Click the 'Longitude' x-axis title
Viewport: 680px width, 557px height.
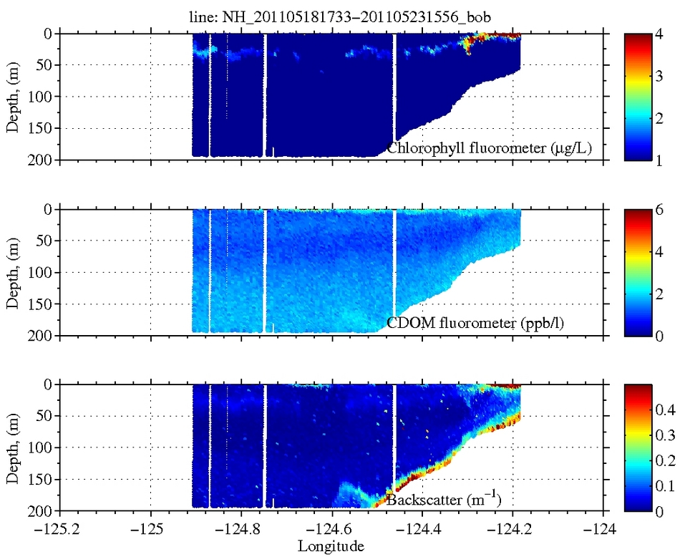(331, 546)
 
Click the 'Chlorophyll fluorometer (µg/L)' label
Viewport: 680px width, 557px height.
(493, 148)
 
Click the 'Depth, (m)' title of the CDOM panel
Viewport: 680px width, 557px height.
(14, 272)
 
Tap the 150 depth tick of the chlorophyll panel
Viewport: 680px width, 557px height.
(42, 128)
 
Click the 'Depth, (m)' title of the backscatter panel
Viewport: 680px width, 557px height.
(14, 447)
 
